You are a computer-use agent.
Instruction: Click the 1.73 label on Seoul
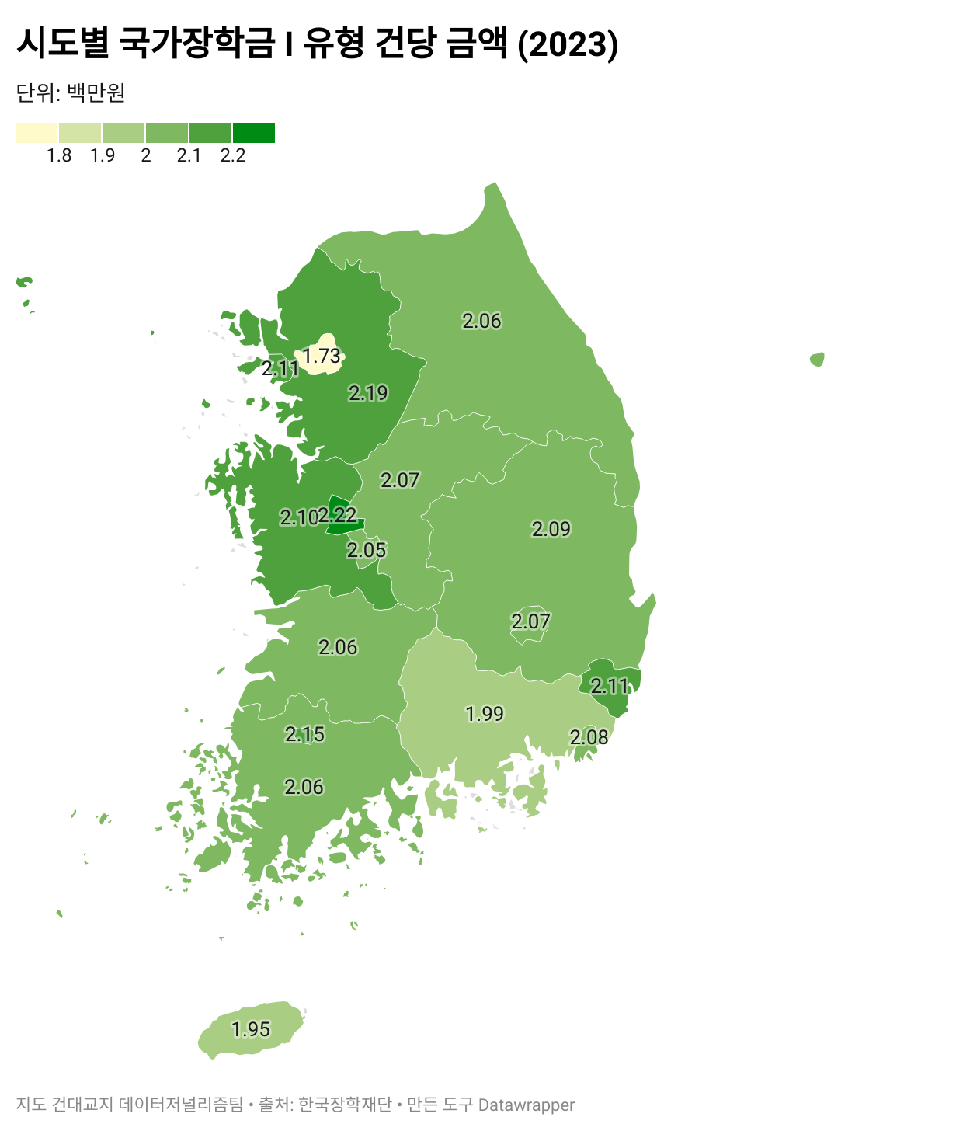coord(321,356)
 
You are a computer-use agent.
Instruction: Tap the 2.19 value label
coord(368,393)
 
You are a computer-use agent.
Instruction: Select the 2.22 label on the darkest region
coord(339,515)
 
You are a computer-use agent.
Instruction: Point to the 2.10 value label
coord(297,517)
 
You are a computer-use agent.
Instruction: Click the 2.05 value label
coord(367,550)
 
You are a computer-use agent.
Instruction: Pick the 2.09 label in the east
coord(551,529)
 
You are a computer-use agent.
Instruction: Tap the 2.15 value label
coord(304,734)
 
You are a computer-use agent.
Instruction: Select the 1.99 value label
coord(485,713)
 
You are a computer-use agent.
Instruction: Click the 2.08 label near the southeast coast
coord(589,737)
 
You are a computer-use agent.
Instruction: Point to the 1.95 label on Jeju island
coord(251,1029)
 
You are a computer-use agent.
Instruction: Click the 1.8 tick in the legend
coord(59,155)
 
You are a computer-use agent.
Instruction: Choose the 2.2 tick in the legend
coord(233,155)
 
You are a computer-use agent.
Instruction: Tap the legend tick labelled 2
coord(146,155)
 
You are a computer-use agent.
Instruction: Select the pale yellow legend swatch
coord(37,133)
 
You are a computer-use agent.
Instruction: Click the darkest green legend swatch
coord(254,133)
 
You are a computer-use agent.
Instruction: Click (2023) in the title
coord(568,43)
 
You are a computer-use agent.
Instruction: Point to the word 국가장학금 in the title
coord(197,43)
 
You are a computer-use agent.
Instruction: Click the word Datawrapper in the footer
coord(527,1105)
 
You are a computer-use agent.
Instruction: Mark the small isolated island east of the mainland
coord(817,359)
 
